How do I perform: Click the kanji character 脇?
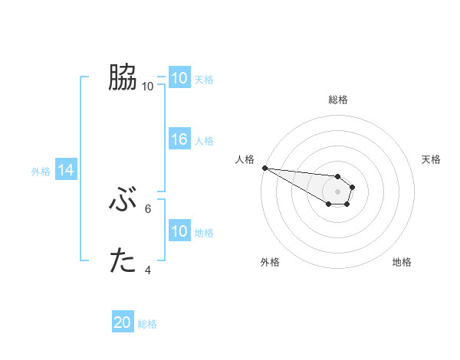pos(123,77)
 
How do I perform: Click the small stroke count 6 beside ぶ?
pos(148,208)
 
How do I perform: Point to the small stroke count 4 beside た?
pos(148,270)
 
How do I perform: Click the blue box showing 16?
pos(179,139)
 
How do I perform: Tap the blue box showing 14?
pos(66,170)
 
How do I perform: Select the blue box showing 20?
pos(123,322)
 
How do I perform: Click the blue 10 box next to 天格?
pos(179,78)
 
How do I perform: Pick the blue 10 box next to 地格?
pos(179,231)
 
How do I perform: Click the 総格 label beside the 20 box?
pos(147,324)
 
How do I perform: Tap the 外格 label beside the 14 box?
pos(41,172)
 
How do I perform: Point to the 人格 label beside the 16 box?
pos(204,141)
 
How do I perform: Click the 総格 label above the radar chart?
pos(337,100)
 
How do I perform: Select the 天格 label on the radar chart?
pos(431,159)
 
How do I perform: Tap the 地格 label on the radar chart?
pos(402,262)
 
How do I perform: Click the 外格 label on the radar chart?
pos(270,262)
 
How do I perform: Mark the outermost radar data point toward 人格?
pos(264,168)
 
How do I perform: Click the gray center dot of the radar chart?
pos(337,191)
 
